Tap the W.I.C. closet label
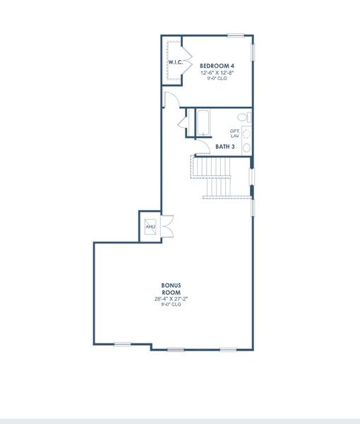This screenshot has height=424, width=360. pyautogui.click(x=175, y=63)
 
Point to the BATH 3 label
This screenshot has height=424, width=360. pyautogui.click(x=225, y=147)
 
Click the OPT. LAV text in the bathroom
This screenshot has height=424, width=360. pyautogui.click(x=234, y=133)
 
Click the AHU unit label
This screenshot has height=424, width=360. pyautogui.click(x=150, y=227)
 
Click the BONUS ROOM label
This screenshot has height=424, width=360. pyautogui.click(x=171, y=289)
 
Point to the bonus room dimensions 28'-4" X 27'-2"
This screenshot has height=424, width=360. pyautogui.click(x=171, y=299)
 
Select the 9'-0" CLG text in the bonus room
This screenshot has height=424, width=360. pyautogui.click(x=171, y=305)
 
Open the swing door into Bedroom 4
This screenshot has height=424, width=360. pyautogui.click(x=169, y=100)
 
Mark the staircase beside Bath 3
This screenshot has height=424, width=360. pyautogui.click(x=215, y=177)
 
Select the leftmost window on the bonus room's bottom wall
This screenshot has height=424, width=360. pyautogui.click(x=123, y=344)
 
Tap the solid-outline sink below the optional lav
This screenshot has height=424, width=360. pyautogui.click(x=246, y=147)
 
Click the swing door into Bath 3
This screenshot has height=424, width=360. pyautogui.click(x=184, y=127)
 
